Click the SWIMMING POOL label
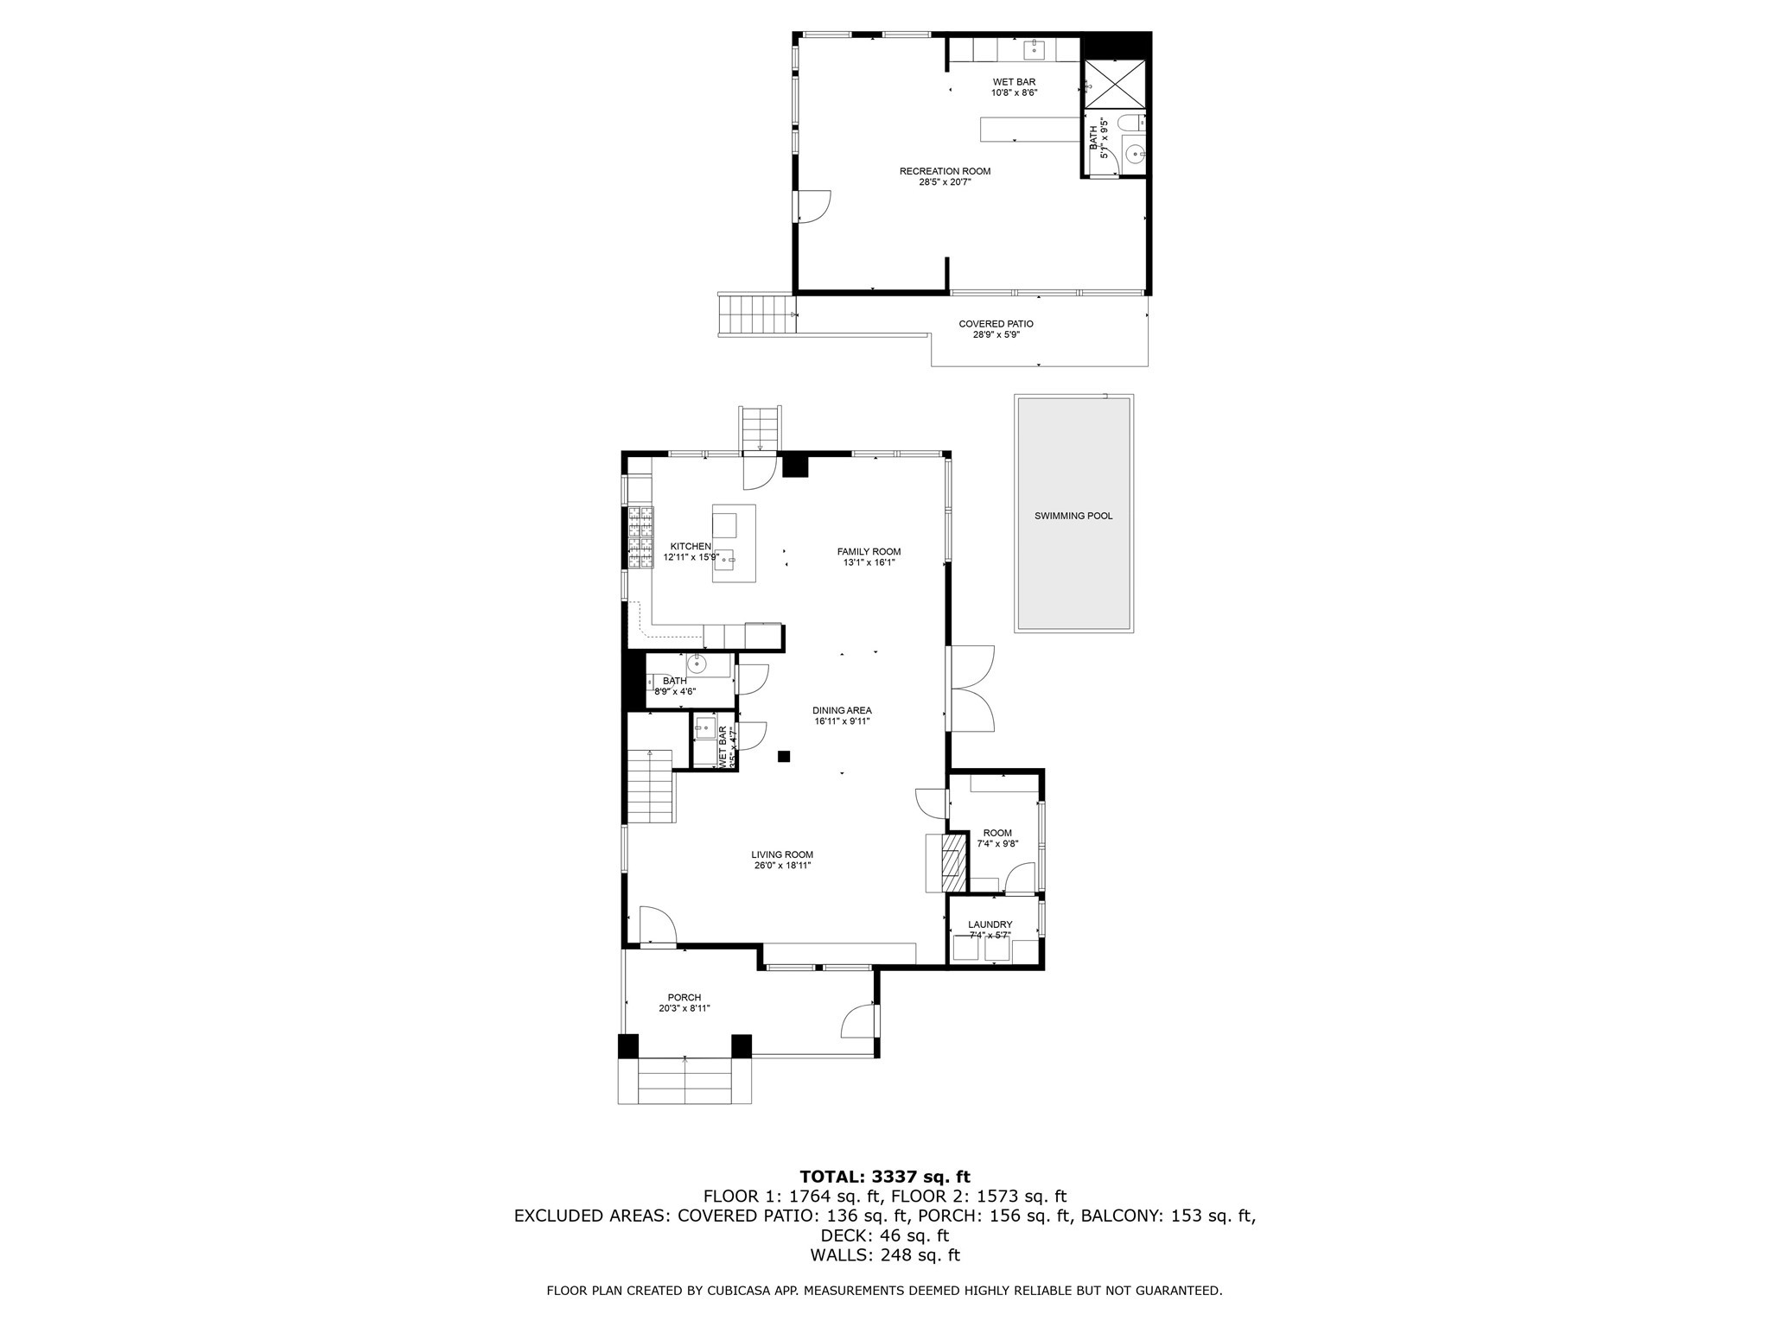[x=1073, y=516]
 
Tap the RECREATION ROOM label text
[x=945, y=171]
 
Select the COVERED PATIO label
[x=996, y=324]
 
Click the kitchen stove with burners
[x=640, y=538]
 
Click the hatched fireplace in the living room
[x=952, y=861]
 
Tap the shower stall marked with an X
[x=1116, y=84]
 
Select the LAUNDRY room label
[x=990, y=924]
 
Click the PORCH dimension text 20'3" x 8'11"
[x=684, y=1008]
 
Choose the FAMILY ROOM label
[x=869, y=551]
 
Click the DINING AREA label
[x=841, y=710]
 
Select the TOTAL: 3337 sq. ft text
[x=884, y=1176]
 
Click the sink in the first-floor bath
[x=697, y=664]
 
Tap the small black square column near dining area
[x=784, y=756]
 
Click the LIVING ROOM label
[x=781, y=854]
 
